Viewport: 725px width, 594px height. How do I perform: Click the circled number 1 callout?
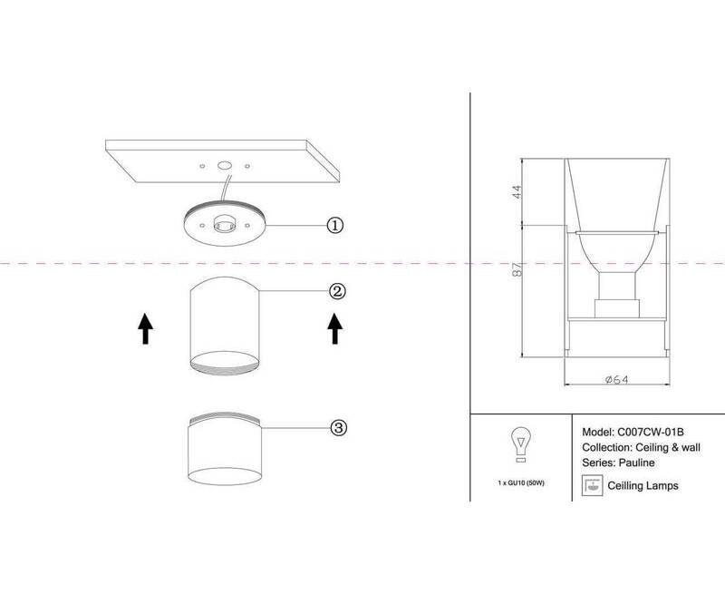point(335,225)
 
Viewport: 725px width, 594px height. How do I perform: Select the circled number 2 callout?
point(337,291)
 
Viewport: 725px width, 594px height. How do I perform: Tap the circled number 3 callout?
point(338,427)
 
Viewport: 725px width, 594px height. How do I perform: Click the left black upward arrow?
point(145,328)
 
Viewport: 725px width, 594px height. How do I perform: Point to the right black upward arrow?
point(335,328)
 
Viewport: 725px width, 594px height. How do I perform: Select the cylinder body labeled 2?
point(225,326)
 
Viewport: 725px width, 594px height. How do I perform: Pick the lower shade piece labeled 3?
point(225,449)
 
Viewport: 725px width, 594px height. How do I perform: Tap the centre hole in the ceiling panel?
point(225,165)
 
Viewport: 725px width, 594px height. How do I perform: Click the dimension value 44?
point(517,192)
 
